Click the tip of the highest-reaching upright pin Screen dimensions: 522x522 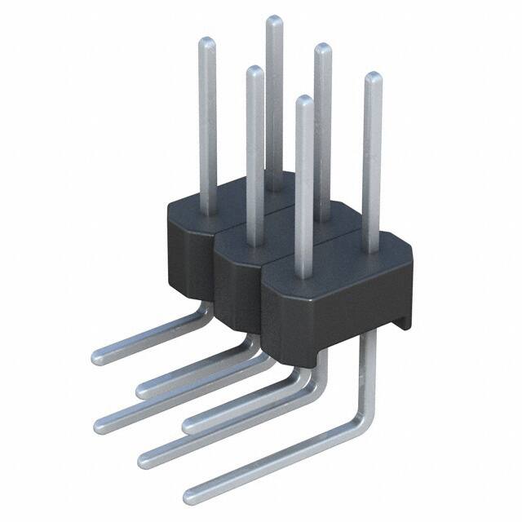[274, 20]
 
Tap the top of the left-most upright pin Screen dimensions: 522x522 [206, 42]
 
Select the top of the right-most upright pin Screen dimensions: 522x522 [372, 77]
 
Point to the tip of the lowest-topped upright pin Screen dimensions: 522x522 [303, 100]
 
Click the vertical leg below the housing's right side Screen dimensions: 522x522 [369, 367]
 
